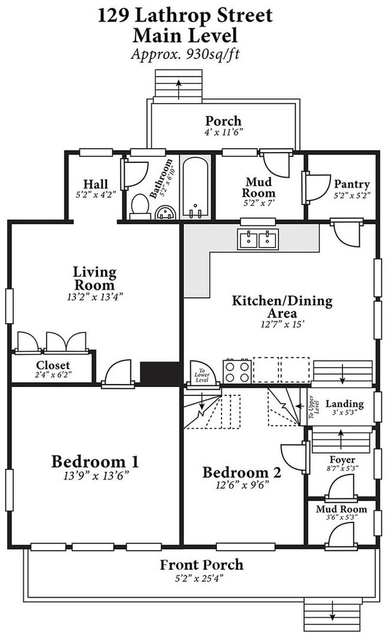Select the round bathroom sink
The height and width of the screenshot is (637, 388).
(x=167, y=212)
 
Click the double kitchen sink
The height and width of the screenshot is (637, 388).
(x=258, y=239)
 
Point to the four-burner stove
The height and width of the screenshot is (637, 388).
(x=237, y=371)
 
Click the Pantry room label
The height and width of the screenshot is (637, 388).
(x=352, y=184)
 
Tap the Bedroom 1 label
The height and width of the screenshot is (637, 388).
(x=95, y=462)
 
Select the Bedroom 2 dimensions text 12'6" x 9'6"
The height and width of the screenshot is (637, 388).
(x=242, y=485)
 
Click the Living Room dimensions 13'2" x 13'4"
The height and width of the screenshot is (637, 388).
(x=95, y=297)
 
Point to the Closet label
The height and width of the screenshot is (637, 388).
(x=53, y=365)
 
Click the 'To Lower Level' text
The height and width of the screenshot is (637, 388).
(x=202, y=375)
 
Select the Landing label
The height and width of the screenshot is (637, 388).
(x=344, y=403)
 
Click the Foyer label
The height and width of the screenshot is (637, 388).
(x=342, y=459)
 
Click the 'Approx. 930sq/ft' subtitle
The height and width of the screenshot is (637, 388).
(x=185, y=54)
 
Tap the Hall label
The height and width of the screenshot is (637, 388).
(x=96, y=184)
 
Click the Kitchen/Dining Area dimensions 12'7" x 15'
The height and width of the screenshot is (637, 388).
(x=282, y=324)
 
